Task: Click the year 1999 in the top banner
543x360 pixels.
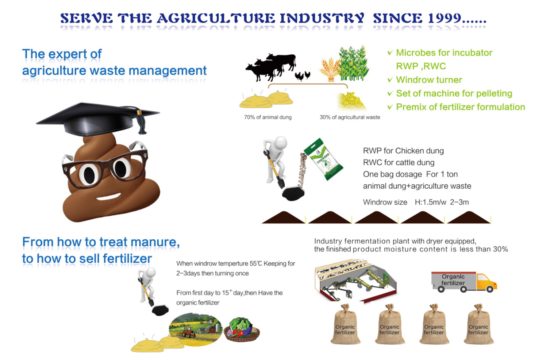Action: tap(444, 18)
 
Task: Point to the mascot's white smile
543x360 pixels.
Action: tap(108, 196)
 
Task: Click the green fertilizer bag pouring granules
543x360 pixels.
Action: tap(323, 159)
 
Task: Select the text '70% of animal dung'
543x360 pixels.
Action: tap(268, 117)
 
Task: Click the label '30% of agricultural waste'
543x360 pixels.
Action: tap(350, 117)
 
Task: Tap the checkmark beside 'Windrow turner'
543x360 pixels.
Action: tap(390, 80)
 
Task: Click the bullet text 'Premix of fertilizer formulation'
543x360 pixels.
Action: tap(460, 107)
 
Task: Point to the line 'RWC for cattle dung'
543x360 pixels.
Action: tap(398, 163)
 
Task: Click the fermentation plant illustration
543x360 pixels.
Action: tap(355, 281)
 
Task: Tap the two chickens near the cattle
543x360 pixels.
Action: tap(303, 76)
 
